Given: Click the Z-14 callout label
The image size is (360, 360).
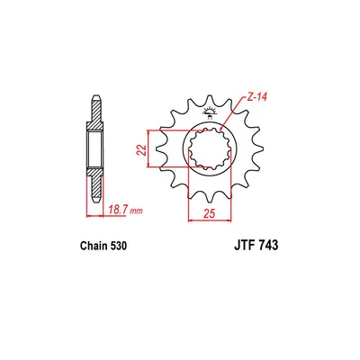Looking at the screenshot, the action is (256, 97).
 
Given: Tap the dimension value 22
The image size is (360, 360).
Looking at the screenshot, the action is (142, 149).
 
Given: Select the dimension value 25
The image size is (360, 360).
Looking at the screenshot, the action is (210, 213).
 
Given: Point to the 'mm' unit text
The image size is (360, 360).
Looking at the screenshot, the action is (136, 211).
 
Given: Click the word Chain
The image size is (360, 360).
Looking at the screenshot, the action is (94, 246).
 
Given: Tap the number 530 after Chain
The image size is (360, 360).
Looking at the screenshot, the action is (118, 246).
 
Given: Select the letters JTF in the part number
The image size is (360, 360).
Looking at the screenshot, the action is (245, 245).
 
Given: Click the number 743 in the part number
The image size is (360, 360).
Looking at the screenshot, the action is (268, 245).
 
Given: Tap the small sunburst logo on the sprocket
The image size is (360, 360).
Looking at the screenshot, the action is (210, 112).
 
